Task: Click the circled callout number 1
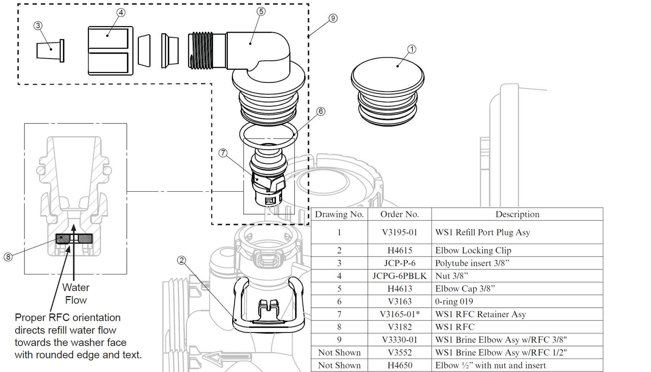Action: click(x=412, y=49)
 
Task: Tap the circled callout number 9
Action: click(x=333, y=18)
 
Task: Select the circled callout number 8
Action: click(x=8, y=257)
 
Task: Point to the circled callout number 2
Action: click(x=182, y=260)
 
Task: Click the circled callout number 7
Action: click(x=223, y=153)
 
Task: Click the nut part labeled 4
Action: click(x=110, y=50)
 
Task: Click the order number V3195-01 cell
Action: click(x=399, y=232)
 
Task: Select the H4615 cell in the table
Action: click(x=399, y=250)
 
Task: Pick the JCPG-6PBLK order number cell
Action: click(x=399, y=276)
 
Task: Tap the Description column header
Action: click(x=517, y=214)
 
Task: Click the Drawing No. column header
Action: click(x=339, y=214)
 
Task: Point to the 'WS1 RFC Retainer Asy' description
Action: click(x=480, y=314)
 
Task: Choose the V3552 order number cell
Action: click(x=399, y=352)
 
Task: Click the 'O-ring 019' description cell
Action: click(x=454, y=301)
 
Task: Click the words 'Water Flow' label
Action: click(x=76, y=294)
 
